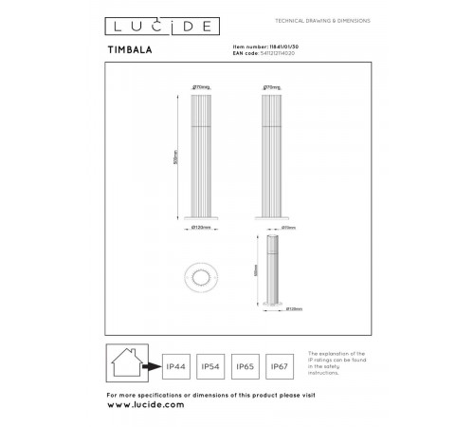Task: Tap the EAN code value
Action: click(257, 53)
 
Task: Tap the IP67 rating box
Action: click(279, 365)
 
